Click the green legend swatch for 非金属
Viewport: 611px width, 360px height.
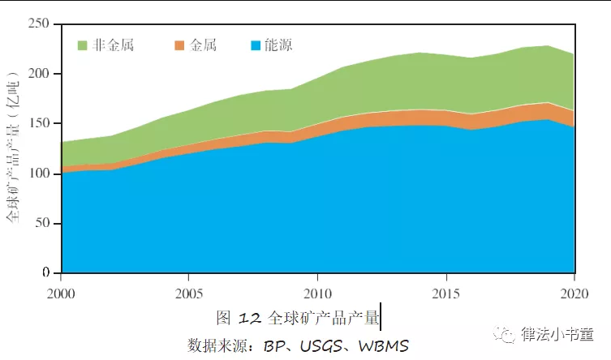(x=82, y=45)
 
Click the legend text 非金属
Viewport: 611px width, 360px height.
(x=113, y=45)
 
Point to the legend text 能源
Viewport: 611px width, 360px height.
(x=278, y=45)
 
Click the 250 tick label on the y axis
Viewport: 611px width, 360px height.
(x=40, y=24)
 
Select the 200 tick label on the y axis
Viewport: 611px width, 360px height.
(x=40, y=74)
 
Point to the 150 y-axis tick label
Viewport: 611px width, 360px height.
(x=40, y=124)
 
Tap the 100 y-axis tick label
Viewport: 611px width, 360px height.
(x=40, y=174)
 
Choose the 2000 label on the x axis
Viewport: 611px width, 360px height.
(x=61, y=291)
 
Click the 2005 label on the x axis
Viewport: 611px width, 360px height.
(x=189, y=291)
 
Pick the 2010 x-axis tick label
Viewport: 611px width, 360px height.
(x=317, y=291)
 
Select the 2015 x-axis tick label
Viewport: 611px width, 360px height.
(x=445, y=291)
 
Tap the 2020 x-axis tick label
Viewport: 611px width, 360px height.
(x=573, y=291)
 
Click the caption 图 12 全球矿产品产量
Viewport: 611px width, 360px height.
(x=298, y=316)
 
